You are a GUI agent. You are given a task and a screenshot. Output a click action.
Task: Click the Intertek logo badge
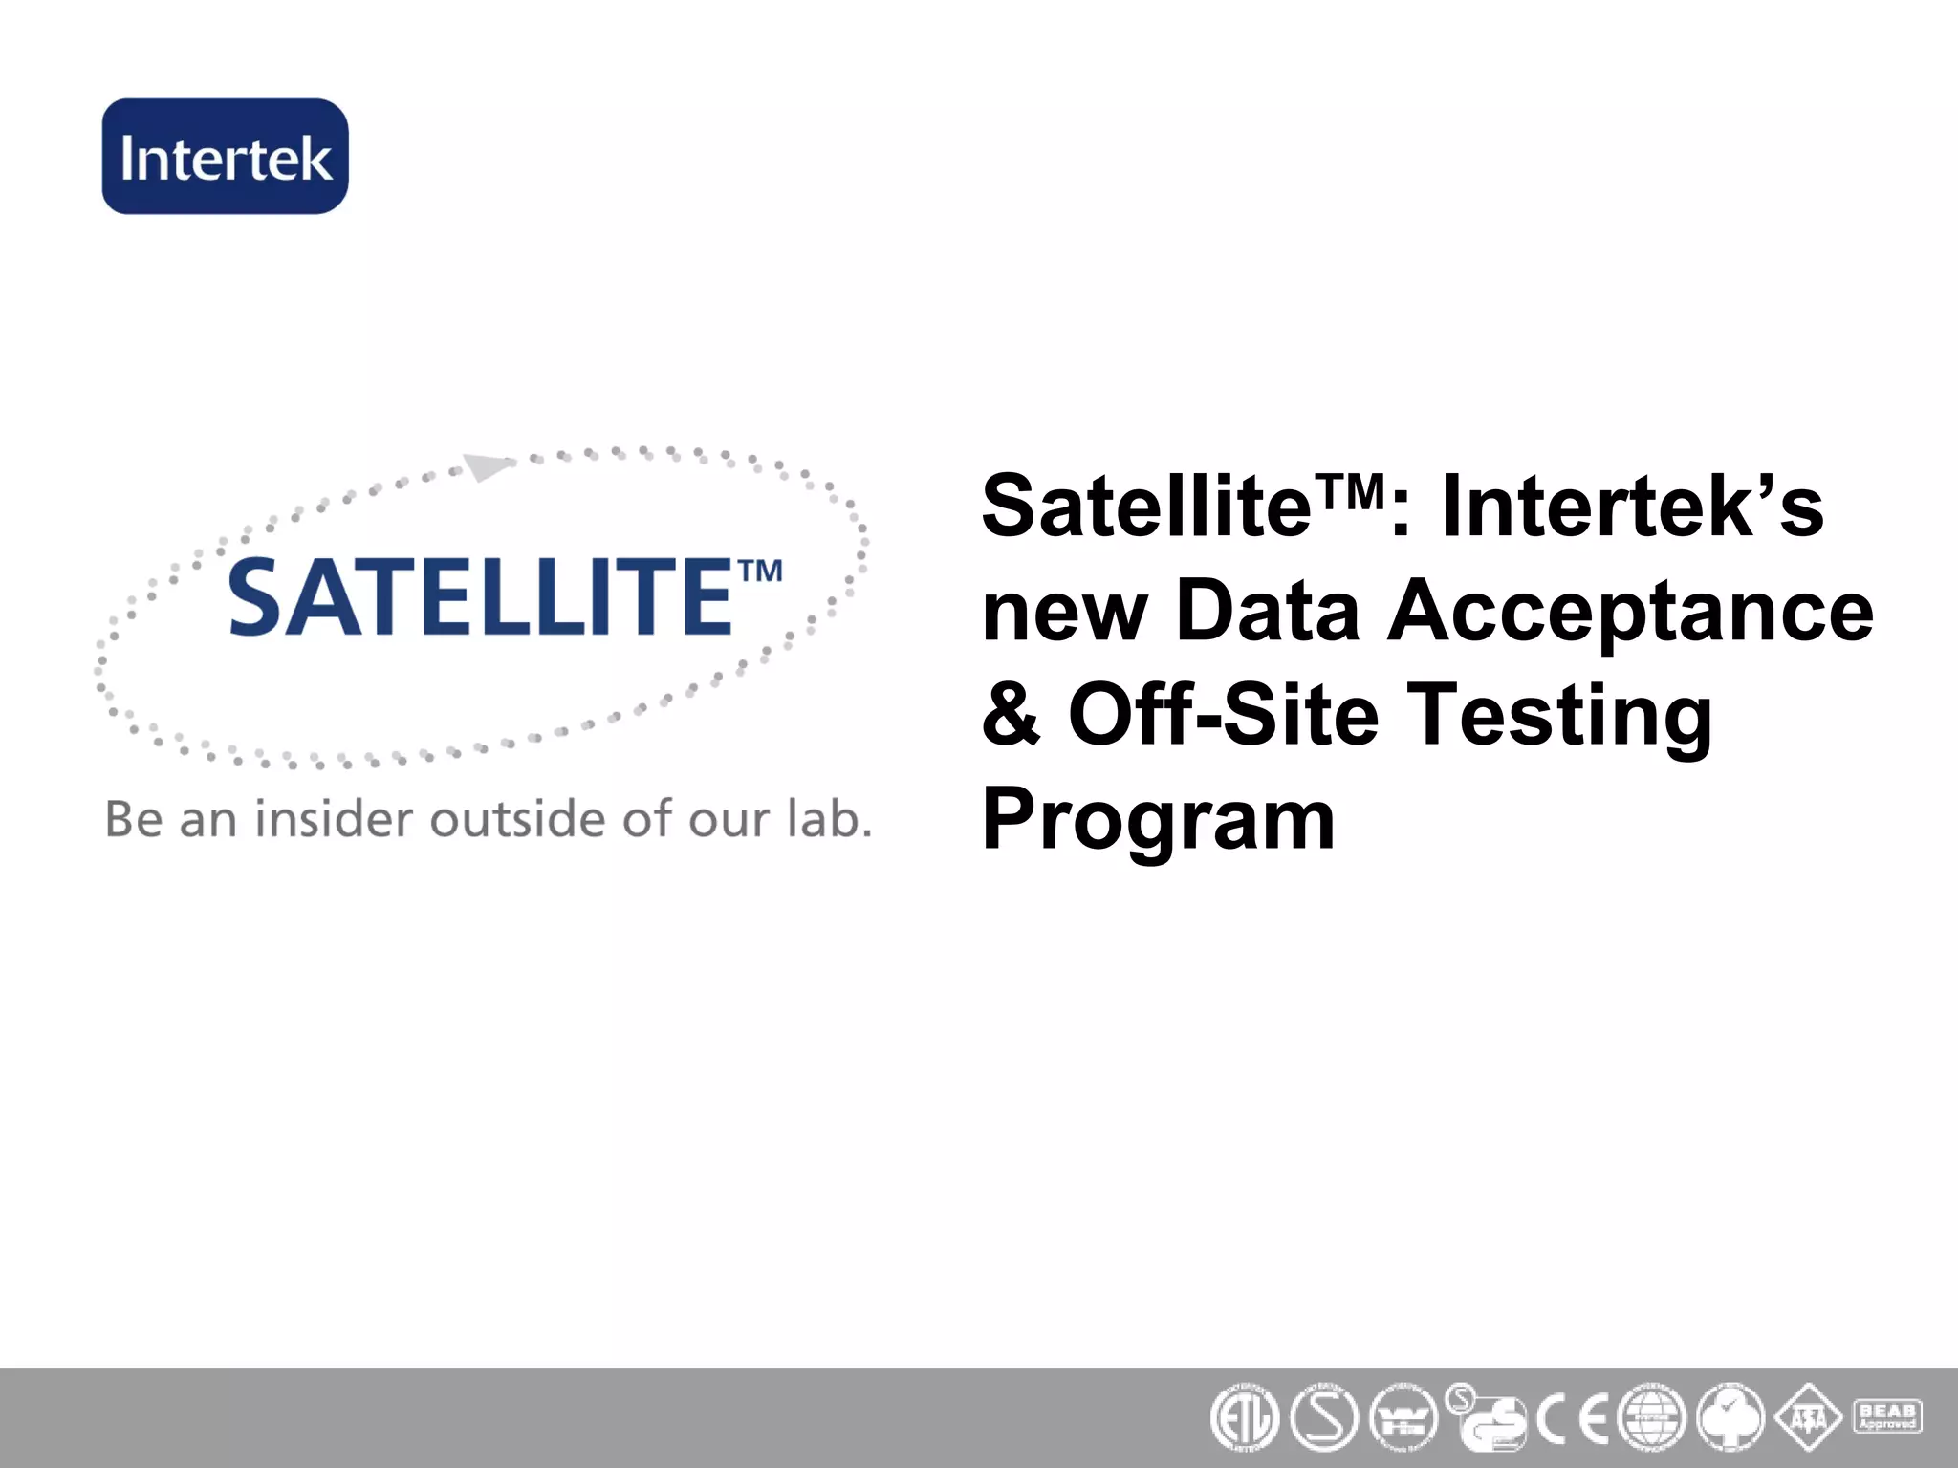click(x=226, y=156)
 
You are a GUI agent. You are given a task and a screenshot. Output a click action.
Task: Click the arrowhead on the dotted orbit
click(x=488, y=466)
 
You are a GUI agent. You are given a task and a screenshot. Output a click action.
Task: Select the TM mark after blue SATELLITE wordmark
click(x=761, y=572)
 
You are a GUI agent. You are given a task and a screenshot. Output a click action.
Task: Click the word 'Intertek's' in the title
click(x=1631, y=507)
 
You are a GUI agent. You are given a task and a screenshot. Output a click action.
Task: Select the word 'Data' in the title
click(x=1268, y=612)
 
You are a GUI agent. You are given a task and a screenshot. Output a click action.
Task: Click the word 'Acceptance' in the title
click(x=1629, y=612)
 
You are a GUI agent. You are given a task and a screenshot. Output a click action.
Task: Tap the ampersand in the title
click(x=1011, y=715)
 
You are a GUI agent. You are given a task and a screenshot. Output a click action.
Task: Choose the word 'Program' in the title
click(x=1158, y=820)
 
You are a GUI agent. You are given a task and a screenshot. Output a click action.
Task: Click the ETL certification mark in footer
click(x=1244, y=1418)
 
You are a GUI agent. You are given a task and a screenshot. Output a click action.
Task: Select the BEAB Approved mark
click(x=1887, y=1416)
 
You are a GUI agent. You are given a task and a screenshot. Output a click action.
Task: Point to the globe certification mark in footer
click(x=1652, y=1418)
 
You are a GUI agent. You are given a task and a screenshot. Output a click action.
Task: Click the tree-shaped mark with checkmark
click(x=1730, y=1417)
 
